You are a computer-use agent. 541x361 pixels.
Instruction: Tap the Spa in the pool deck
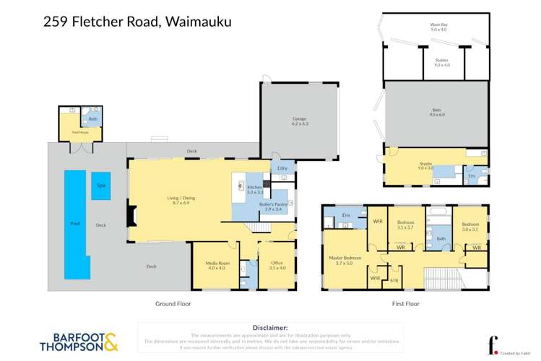coord(100,186)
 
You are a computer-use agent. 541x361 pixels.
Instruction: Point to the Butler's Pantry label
coord(275,206)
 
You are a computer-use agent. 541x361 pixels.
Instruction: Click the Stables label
coord(441,63)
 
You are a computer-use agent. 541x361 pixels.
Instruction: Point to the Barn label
coord(436,113)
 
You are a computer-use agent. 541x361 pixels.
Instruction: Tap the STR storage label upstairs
coord(394,279)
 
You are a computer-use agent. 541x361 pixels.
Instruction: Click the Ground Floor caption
coord(173,304)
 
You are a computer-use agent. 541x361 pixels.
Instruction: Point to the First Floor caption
coord(404,304)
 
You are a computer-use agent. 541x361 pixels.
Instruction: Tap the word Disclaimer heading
coord(270,327)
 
